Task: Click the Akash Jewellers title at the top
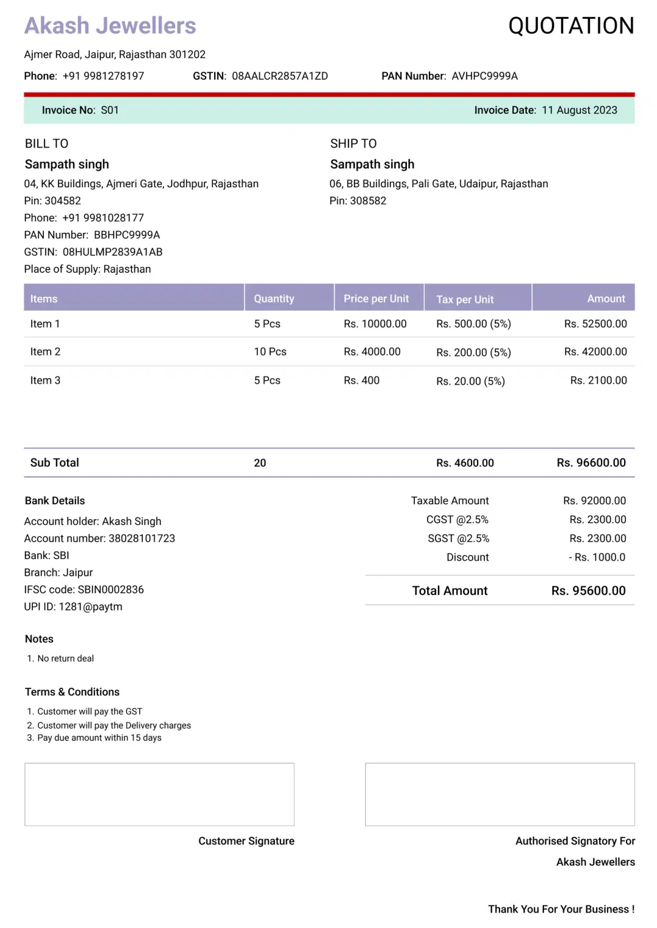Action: coord(110,26)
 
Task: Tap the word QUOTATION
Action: coord(571,26)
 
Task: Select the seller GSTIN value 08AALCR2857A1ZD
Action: coord(280,76)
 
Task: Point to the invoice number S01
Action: coord(109,110)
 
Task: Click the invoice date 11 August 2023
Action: coord(579,110)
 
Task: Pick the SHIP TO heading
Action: coord(353,144)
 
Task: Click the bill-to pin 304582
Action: coord(63,201)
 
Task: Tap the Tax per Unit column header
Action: coord(465,299)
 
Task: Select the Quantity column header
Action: coord(274,299)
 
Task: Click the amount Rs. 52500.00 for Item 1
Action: coord(595,324)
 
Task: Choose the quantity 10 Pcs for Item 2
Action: coord(270,351)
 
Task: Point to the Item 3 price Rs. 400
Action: coord(361,380)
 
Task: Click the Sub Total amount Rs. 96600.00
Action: coord(591,463)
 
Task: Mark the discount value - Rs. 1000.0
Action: coord(597,557)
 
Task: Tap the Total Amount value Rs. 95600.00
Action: coord(588,590)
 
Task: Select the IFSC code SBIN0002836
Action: coord(111,589)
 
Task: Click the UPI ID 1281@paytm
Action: coord(91,606)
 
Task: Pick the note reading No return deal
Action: coord(66,659)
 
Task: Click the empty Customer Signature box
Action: coord(159,794)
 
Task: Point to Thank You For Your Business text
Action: coord(561,909)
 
